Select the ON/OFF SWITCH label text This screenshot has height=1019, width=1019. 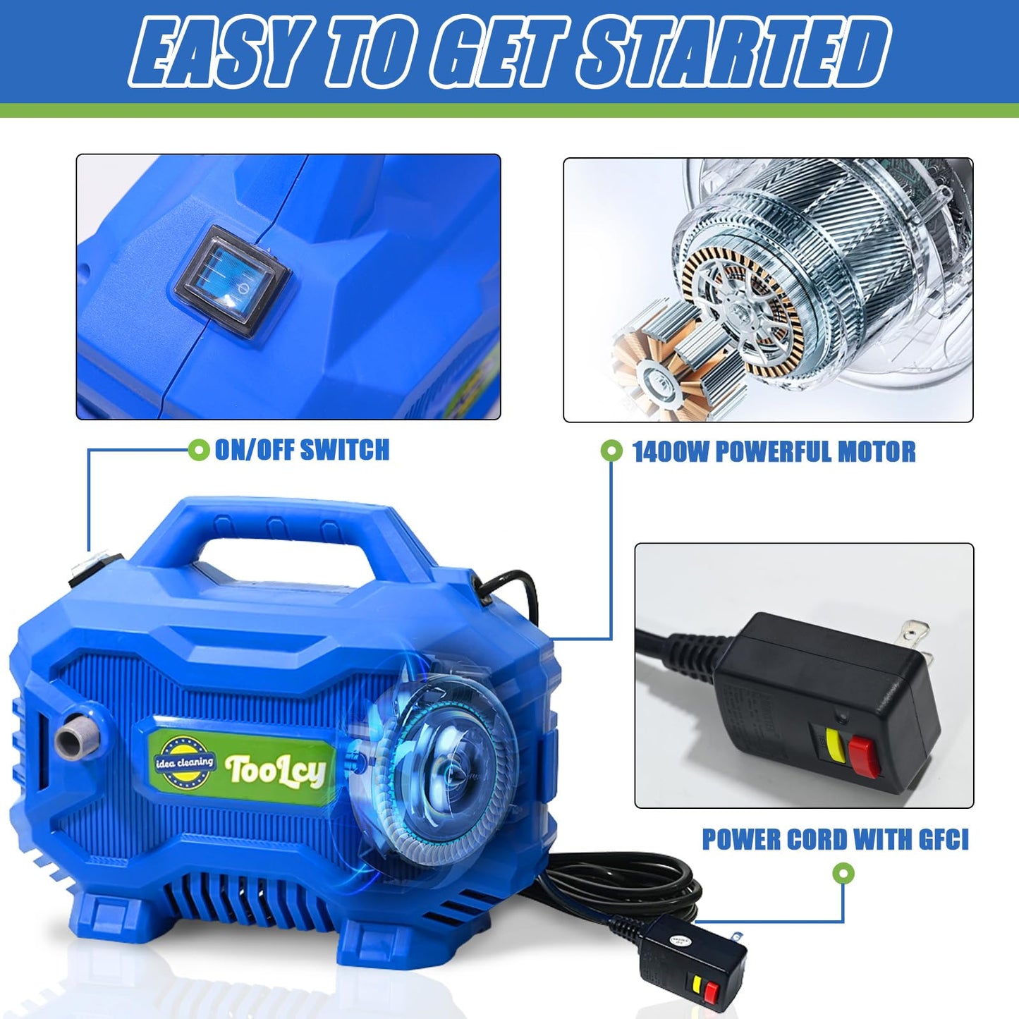(x=302, y=450)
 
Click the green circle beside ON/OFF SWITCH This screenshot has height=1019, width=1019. (x=199, y=449)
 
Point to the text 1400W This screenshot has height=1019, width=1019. (x=671, y=452)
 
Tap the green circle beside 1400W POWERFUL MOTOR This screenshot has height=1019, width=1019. (x=611, y=451)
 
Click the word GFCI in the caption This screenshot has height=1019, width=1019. (x=944, y=840)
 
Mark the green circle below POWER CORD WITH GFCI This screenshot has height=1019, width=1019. (x=843, y=874)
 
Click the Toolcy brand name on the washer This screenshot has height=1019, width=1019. (x=275, y=771)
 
